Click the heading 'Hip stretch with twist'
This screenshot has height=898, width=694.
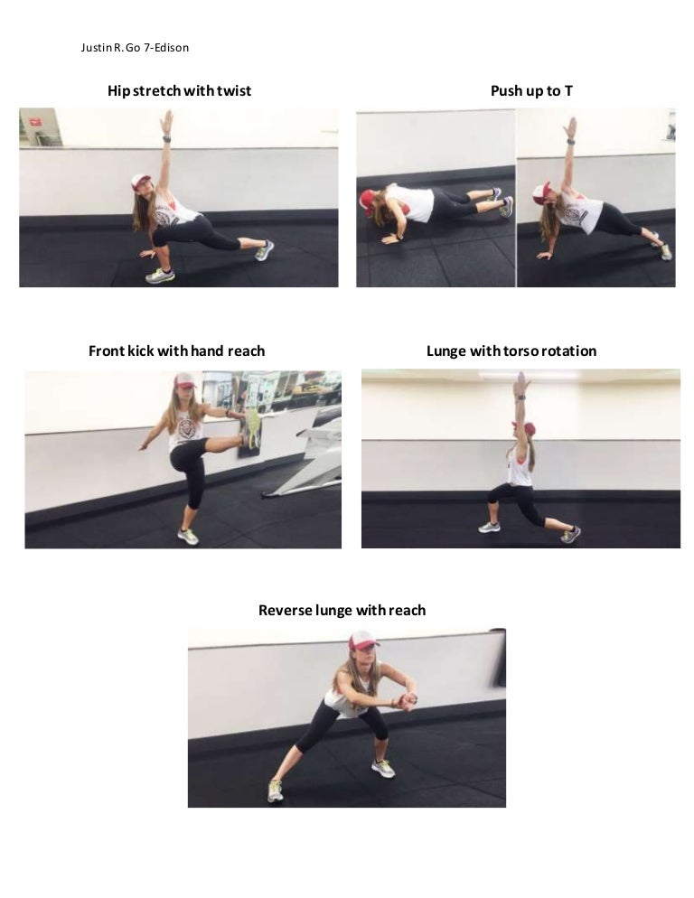pyautogui.click(x=179, y=90)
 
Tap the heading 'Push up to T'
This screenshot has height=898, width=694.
pyautogui.click(x=531, y=90)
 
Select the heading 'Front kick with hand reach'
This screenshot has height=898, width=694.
pyautogui.click(x=176, y=351)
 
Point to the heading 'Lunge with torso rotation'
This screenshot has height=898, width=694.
pyautogui.click(x=511, y=351)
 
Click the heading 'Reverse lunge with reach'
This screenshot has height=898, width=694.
pyautogui.click(x=342, y=610)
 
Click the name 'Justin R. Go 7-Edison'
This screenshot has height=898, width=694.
pyautogui.click(x=135, y=47)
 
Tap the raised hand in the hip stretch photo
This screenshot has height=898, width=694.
pyautogui.click(x=166, y=120)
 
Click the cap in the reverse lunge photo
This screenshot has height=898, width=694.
pyautogui.click(x=362, y=640)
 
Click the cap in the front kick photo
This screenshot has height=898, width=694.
pyautogui.click(x=185, y=380)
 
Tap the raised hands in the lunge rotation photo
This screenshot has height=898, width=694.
pyautogui.click(x=520, y=383)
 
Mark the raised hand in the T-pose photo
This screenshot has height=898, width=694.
pyautogui.click(x=570, y=127)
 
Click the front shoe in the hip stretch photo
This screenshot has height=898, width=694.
pyautogui.click(x=159, y=276)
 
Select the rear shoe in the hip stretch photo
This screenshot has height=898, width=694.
pyautogui.click(x=264, y=250)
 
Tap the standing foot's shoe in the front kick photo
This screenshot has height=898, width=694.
pyautogui.click(x=188, y=536)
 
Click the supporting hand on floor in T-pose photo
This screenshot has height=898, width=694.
pyautogui.click(x=544, y=256)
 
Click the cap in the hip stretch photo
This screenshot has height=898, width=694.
pyautogui.click(x=140, y=181)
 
